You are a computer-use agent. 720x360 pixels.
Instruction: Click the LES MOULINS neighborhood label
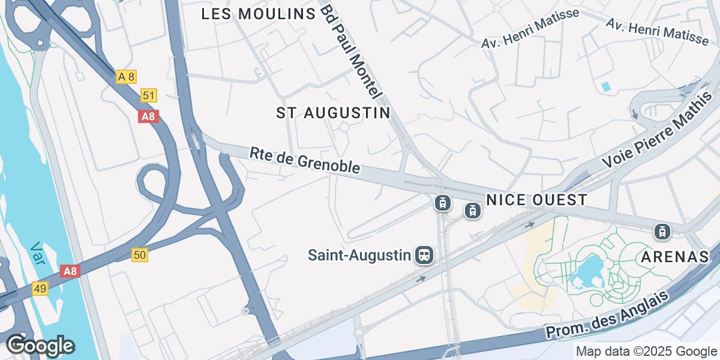[259, 14]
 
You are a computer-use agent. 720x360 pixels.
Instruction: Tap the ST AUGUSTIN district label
[333, 113]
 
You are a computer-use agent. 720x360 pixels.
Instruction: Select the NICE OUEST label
[536, 200]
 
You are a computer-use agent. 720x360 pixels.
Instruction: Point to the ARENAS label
[675, 257]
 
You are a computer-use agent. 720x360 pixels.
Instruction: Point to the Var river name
[37, 254]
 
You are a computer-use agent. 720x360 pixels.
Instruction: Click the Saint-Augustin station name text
[359, 255]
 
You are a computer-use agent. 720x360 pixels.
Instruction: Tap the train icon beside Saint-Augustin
[424, 255]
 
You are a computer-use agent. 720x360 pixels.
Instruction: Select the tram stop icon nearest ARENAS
[662, 230]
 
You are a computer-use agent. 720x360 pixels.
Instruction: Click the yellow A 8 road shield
[127, 77]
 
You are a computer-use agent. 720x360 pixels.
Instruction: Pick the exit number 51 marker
[149, 95]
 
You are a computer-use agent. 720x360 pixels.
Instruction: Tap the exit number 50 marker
[140, 256]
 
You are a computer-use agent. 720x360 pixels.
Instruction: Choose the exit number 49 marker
[40, 289]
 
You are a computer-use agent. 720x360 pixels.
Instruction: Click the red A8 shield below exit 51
[148, 116]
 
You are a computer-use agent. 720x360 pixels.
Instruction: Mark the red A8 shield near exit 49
[70, 271]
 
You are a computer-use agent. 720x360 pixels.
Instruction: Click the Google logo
[40, 346]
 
